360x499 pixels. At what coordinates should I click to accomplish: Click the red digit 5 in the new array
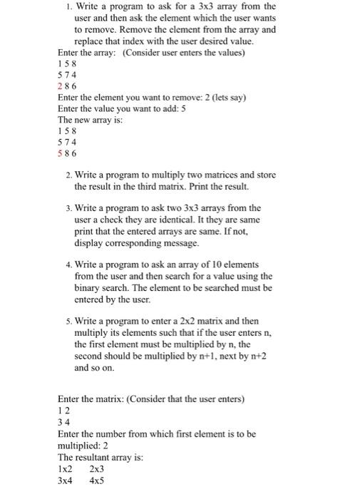click(60, 153)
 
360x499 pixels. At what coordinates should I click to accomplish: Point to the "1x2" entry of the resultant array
click(65, 469)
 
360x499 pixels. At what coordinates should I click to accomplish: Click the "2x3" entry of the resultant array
click(98, 469)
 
